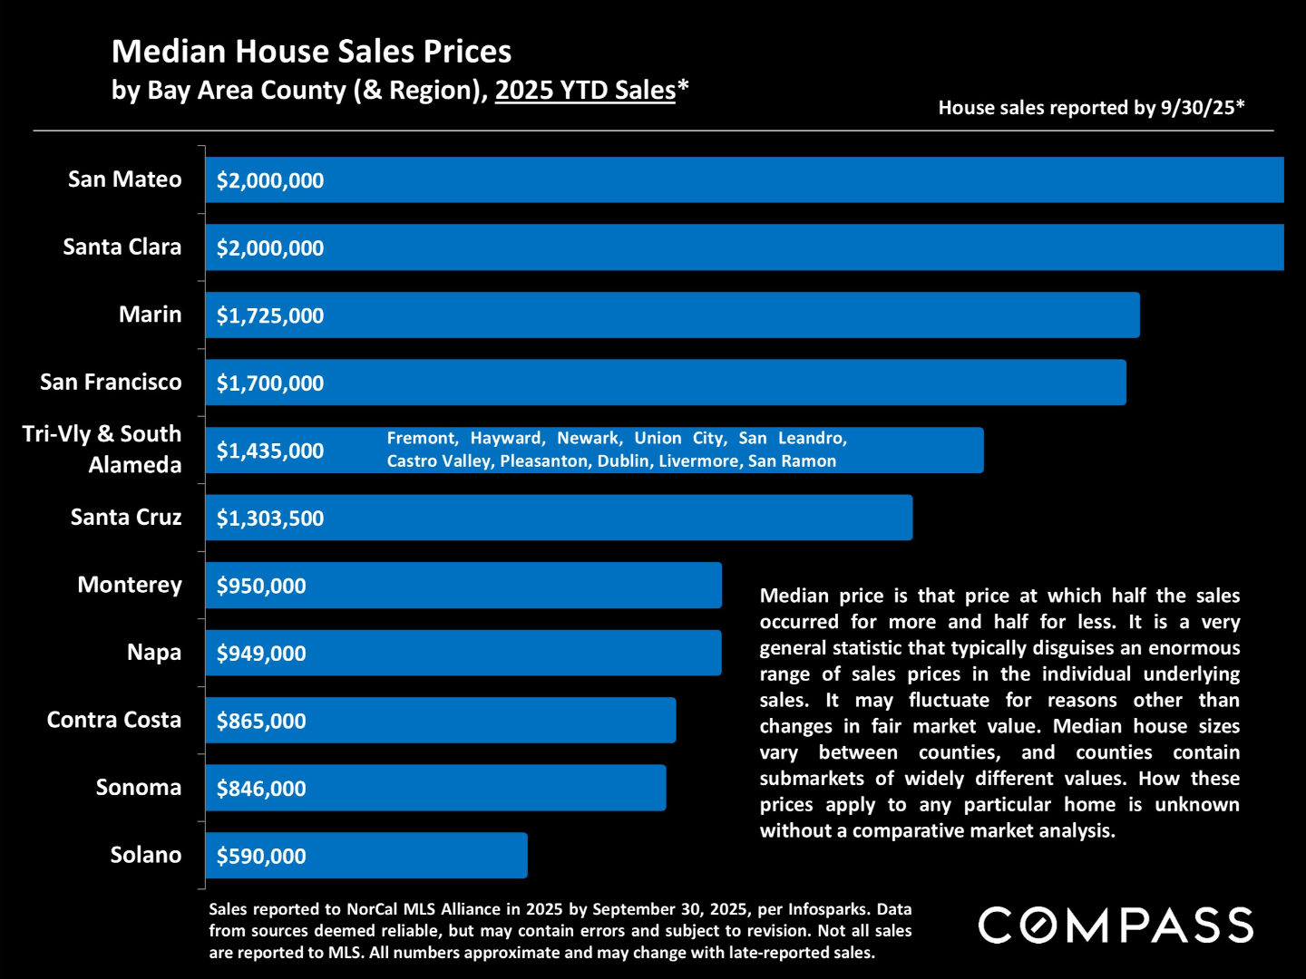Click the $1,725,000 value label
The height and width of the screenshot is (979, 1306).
pyautogui.click(x=269, y=315)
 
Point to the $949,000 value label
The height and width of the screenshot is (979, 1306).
pyautogui.click(x=261, y=653)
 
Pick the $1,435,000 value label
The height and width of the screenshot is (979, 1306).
pyautogui.click(x=269, y=451)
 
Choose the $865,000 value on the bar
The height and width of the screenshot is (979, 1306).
pyautogui.click(x=261, y=721)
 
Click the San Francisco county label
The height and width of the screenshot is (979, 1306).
pyautogui.click(x=111, y=382)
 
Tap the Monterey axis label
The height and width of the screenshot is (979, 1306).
pyautogui.click(x=129, y=585)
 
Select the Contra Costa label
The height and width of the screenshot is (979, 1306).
pyautogui.click(x=114, y=720)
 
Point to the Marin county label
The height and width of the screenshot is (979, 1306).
pyautogui.click(x=150, y=315)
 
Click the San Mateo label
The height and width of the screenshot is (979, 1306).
pyautogui.click(x=124, y=179)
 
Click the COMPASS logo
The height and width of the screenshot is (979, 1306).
pyautogui.click(x=1116, y=926)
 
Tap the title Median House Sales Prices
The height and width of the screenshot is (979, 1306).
pyautogui.click(x=311, y=52)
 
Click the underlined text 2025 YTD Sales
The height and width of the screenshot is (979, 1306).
pyautogui.click(x=585, y=91)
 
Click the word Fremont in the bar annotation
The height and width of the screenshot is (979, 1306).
pyautogui.click(x=420, y=439)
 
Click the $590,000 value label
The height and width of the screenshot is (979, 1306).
pyautogui.click(x=261, y=856)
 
